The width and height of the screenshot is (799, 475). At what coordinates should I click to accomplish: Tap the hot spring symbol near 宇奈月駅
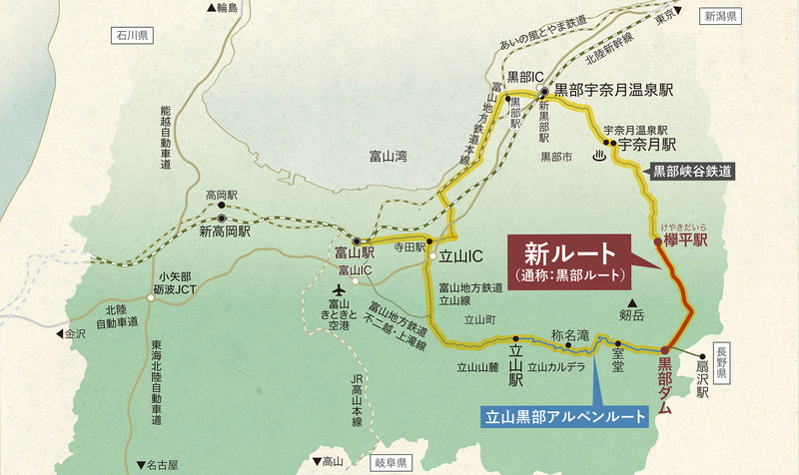pyautogui.click(x=600, y=155)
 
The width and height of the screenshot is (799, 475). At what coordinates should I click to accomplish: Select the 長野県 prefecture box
pyautogui.click(x=726, y=351)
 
